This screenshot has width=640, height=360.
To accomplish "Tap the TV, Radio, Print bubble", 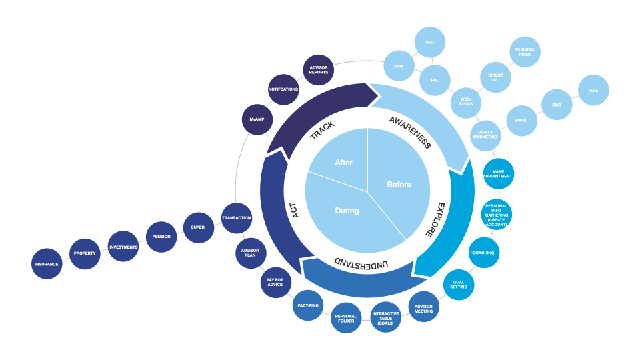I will coord(526,51).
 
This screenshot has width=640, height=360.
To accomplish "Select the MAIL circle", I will coord(593,89).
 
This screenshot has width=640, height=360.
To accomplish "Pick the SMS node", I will coord(556,105).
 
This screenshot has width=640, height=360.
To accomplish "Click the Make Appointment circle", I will coord(498,174).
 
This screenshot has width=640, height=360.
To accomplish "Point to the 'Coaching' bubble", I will coord(485,253).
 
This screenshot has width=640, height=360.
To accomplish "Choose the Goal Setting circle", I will coord(459,284).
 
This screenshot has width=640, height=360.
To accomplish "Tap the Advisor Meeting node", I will coord(423,307).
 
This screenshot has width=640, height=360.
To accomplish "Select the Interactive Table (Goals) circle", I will coord(385,319).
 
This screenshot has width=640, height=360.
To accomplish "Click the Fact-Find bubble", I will coord(309,306).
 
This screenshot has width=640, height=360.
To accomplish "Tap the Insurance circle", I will coord(47,264).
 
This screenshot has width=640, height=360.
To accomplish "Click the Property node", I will coord(85,253).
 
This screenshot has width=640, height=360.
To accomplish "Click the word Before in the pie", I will coord(399,185).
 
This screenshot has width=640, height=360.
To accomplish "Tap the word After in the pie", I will coord(343,163).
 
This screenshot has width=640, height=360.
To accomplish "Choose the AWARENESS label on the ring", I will coord(409,131).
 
